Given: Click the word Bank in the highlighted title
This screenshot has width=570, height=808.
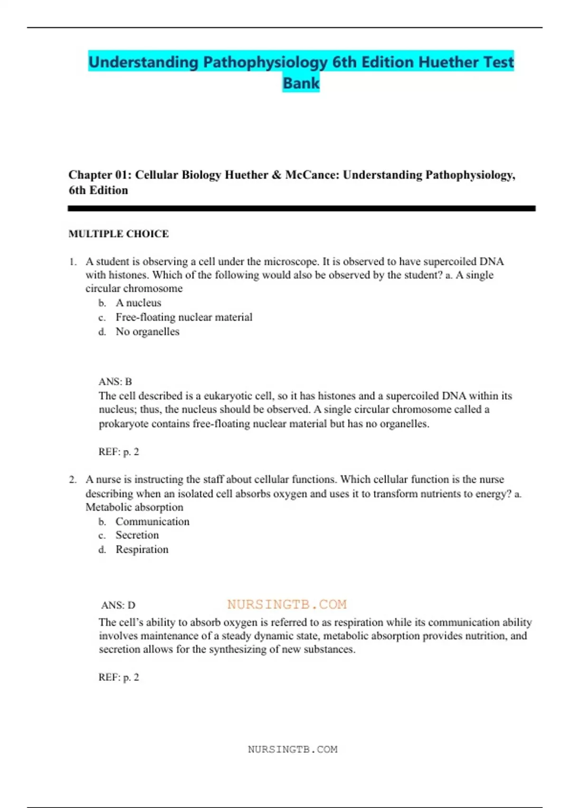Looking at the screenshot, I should pos(301,83).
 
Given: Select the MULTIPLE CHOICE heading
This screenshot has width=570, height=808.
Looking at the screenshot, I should pos(119,234).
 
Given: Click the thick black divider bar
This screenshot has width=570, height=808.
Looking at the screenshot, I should pos(301,209).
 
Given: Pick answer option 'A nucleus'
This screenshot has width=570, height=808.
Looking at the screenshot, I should pos(138,303).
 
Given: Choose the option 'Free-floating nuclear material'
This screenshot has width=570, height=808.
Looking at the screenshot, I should pos(184,317).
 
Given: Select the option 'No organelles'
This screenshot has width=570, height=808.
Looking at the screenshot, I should pos(147,332).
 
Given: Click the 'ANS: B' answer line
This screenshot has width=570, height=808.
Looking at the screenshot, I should pos(115,382).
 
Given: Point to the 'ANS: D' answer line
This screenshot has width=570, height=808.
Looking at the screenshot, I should pos(118,605).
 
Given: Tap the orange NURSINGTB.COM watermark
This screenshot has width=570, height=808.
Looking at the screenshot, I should pos(287,605).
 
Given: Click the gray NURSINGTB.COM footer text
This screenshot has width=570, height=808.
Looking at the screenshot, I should pos(293,750).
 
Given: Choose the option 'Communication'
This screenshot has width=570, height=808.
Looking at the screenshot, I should pos(152,521).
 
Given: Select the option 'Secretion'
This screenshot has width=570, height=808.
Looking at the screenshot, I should pos(137,535).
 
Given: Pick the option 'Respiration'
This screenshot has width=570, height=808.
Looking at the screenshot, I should pos(142,549).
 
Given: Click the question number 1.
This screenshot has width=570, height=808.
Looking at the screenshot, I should pos(72,262).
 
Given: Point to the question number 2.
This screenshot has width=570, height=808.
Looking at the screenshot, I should pos(72,480).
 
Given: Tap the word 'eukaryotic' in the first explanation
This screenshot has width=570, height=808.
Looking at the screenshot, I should pos(228,396).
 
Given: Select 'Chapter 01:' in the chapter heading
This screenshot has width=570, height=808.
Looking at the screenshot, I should pos(100,175).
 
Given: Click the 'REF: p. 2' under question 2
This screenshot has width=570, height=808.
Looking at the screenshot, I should pos(119,677).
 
